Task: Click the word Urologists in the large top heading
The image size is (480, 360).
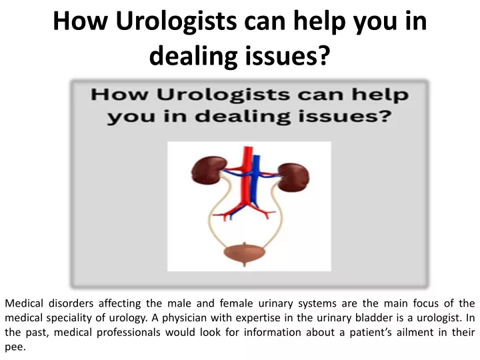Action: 176,21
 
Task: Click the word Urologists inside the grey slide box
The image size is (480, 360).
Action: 223,95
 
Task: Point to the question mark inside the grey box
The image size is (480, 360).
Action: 386,116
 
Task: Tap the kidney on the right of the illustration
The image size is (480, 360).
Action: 294,177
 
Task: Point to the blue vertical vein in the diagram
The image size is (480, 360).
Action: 255,181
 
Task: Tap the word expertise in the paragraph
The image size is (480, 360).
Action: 258,318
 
